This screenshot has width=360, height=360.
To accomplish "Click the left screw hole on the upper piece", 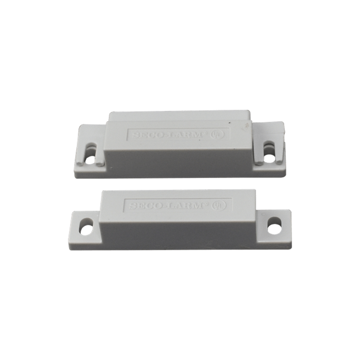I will coord(90,159).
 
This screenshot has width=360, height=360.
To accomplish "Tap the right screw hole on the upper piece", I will coord(269,158).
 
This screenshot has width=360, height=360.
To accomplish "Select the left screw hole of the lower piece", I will coord(86,227).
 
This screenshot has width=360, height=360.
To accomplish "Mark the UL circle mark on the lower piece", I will coord(220,205).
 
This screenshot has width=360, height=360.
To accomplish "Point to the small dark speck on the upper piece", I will coord(230,123).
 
